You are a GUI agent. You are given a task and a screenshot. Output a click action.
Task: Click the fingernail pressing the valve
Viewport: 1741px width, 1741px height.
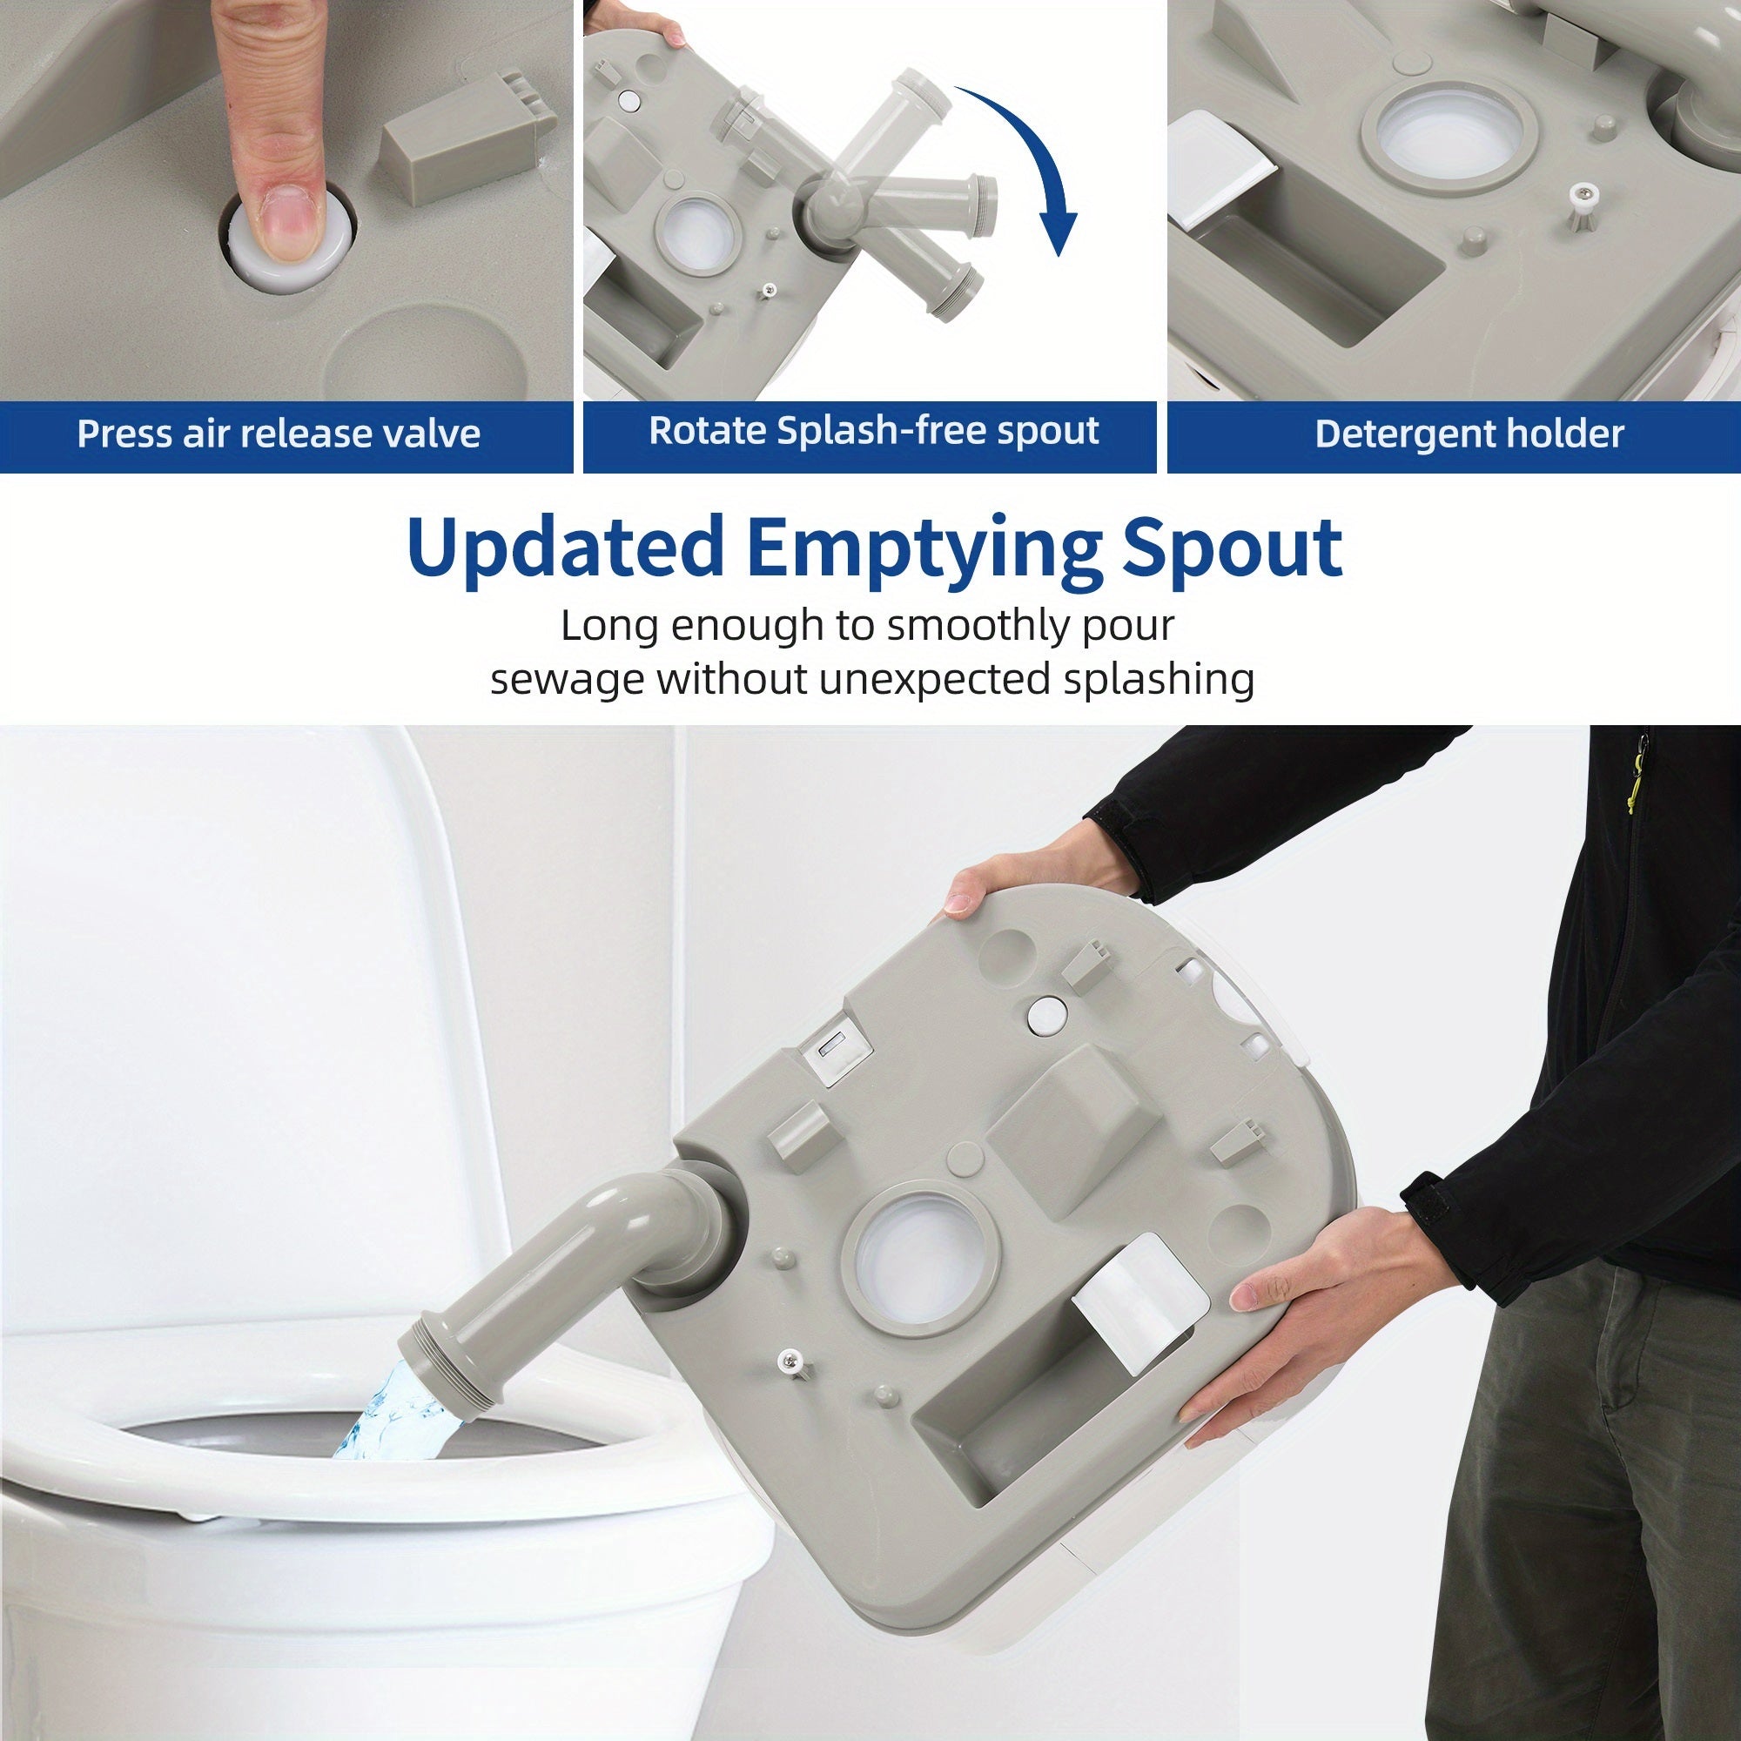284,225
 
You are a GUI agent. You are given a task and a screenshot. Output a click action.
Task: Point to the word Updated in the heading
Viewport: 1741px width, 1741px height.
565,547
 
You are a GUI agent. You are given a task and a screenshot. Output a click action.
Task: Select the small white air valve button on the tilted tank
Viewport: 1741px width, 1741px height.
1045,1017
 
